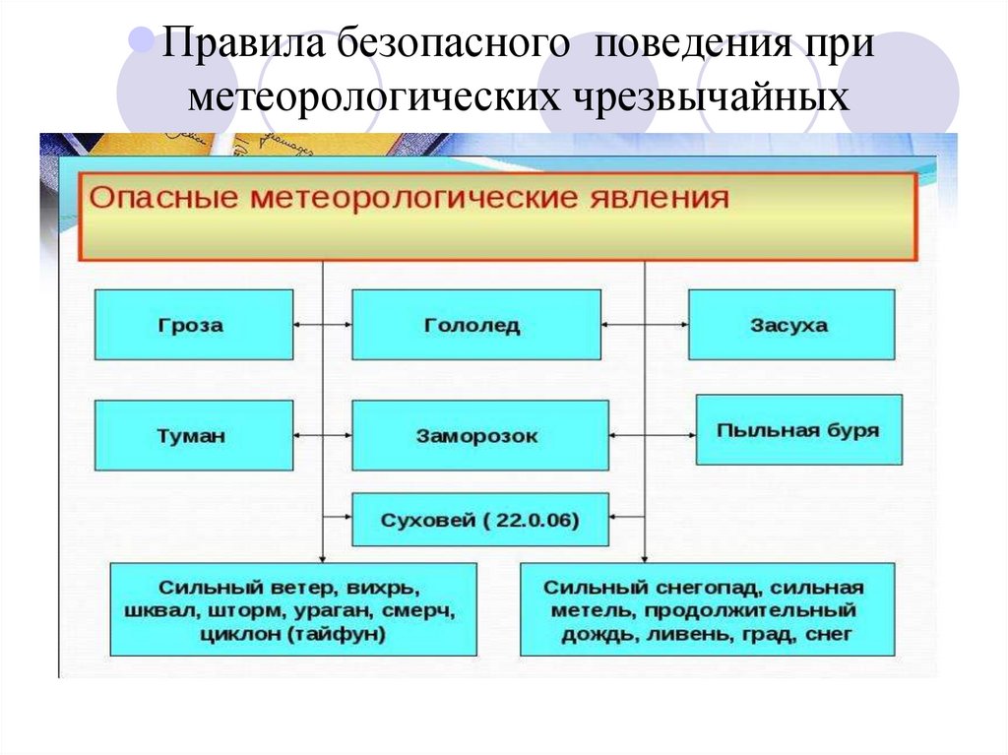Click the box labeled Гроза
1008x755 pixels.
click(194, 325)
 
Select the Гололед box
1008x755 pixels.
click(475, 325)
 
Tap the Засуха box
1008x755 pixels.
click(790, 325)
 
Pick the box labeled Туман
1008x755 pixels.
click(194, 435)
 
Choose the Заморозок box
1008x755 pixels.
click(475, 435)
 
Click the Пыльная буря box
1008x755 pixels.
click(798, 430)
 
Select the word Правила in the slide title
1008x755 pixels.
click(241, 46)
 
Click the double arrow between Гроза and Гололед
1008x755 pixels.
click(322, 324)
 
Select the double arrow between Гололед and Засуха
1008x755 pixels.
click(644, 324)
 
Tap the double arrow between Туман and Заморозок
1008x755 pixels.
click(322, 433)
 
